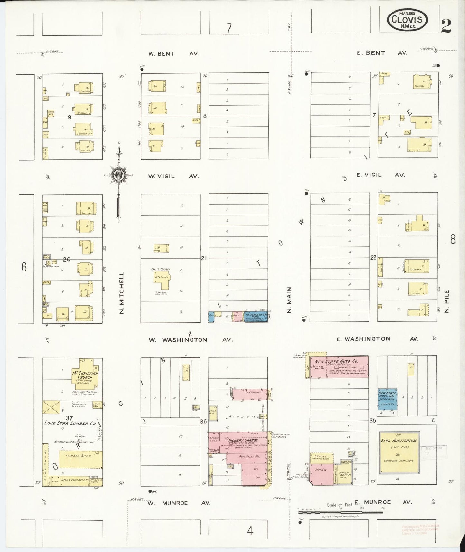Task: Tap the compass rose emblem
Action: (119, 175)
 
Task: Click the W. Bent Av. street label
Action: (173, 54)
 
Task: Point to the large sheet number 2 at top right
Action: (446, 26)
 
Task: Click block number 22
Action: (373, 258)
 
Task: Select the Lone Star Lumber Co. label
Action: (70, 423)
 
